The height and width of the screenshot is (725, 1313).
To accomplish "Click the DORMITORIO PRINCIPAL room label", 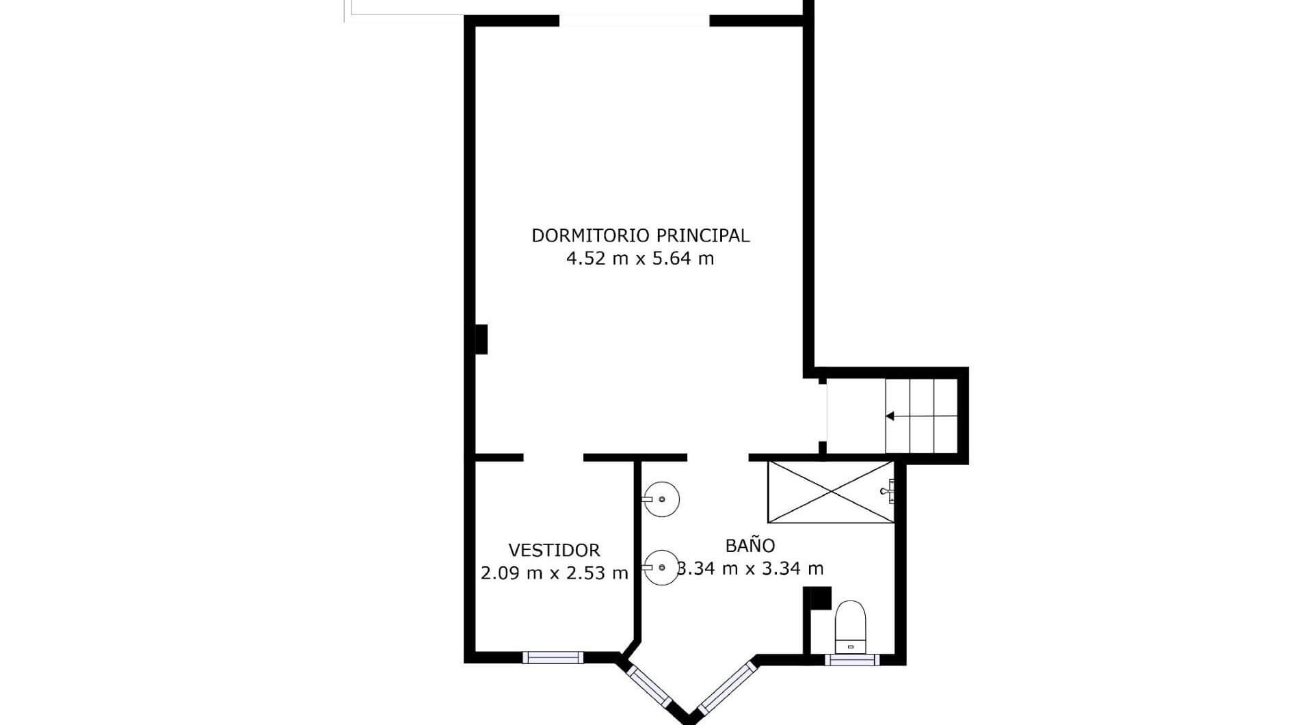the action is tap(641, 235).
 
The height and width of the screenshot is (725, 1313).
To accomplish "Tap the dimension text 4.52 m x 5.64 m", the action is tap(640, 259).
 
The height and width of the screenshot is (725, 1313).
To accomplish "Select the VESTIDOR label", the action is tap(554, 550).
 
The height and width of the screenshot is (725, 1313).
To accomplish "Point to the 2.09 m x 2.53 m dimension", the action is tap(554, 573).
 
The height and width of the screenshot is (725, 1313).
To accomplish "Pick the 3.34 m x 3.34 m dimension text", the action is tap(750, 568).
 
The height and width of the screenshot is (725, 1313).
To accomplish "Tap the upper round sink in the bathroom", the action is tap(661, 499).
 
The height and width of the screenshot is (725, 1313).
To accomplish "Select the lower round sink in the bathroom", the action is tap(661, 568).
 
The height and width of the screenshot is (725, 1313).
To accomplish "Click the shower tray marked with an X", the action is tap(831, 492).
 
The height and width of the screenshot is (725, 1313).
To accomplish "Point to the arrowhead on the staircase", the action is tap(890, 416).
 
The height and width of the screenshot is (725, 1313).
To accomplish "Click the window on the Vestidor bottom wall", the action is tap(553, 657).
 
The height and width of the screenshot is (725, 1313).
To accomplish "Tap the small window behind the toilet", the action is tap(851, 659).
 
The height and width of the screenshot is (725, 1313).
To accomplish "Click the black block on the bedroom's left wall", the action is tap(481, 339).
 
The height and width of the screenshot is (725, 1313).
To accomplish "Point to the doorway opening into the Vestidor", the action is tap(553, 457).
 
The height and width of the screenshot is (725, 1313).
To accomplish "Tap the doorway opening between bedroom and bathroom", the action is tap(718, 457).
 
